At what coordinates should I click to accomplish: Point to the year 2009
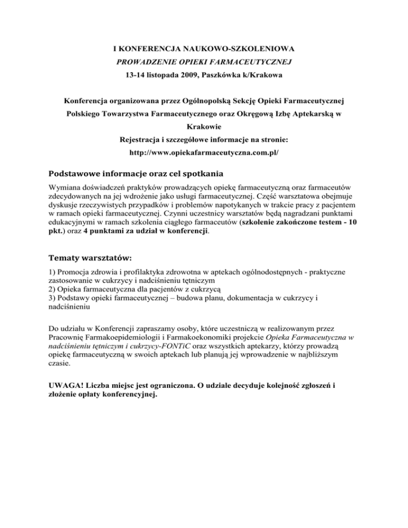click(186, 75)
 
